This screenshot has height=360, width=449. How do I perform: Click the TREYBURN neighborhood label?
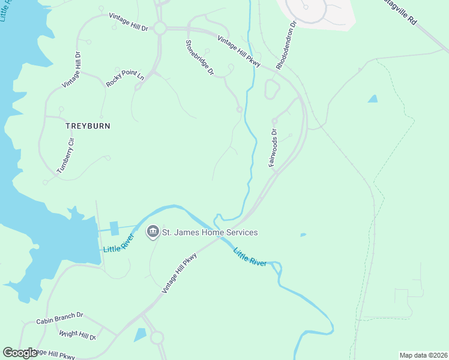coord(88,127)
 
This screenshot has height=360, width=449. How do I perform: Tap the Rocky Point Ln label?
coord(125,80)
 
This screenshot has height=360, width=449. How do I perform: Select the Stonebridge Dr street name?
coord(200,58)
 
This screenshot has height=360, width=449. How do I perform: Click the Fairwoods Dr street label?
coord(273,148)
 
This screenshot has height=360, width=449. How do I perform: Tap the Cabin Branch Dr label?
coord(59,314)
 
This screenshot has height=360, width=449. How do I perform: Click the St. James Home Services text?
coord(211,232)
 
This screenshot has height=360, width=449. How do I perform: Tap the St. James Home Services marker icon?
coord(153,232)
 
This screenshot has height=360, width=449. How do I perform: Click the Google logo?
coord(20,353)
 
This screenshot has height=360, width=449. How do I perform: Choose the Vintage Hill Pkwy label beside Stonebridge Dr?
coord(239,50)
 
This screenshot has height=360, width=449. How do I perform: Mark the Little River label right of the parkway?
coord(249,257)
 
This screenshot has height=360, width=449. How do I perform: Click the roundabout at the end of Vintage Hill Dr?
coord(160,28)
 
